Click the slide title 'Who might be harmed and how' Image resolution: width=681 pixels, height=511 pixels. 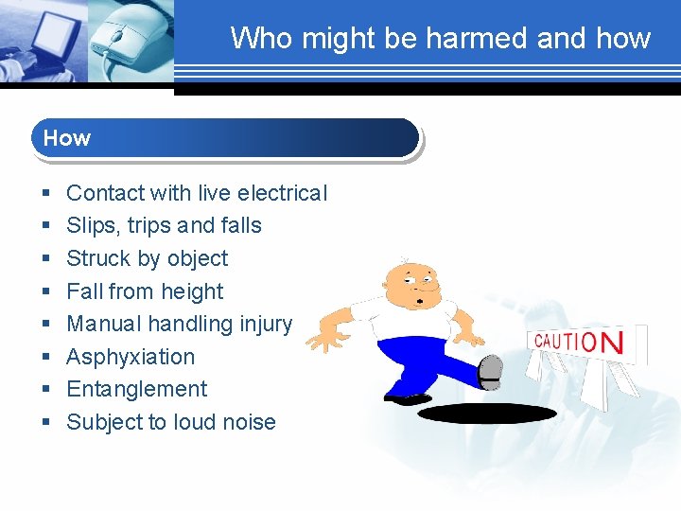[x=440, y=38]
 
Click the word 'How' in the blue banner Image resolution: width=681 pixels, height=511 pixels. [x=67, y=138]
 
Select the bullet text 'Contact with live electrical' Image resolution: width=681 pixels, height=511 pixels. [x=196, y=193]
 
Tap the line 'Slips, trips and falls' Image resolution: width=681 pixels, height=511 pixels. [x=164, y=225]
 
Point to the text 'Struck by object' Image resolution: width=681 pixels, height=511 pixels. [x=147, y=258]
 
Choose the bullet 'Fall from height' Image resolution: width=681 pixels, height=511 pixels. [x=145, y=291]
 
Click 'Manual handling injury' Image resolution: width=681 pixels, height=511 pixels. [x=179, y=324]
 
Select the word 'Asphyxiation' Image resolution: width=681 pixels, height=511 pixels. [x=131, y=357]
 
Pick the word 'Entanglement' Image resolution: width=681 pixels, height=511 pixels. [x=136, y=389]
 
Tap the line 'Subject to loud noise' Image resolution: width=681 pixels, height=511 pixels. [x=170, y=422]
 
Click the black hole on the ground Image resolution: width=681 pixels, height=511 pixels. [x=487, y=413]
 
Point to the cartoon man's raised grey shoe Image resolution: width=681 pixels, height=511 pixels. [x=490, y=372]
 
